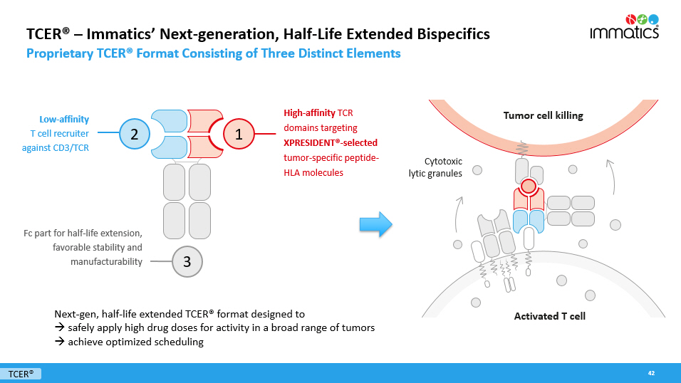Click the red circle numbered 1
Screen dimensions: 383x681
[x=239, y=132]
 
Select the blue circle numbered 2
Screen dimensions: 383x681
[x=134, y=132]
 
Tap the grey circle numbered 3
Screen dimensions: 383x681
[x=187, y=261]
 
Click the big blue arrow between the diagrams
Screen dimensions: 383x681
[x=375, y=224]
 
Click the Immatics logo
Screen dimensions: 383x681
[x=624, y=26]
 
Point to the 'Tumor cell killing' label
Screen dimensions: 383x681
[x=543, y=115]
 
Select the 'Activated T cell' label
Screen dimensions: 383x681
[x=549, y=316]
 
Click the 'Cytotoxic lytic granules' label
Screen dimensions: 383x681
[x=435, y=167]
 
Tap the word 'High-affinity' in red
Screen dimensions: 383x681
[x=309, y=112]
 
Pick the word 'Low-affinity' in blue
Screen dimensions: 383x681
[x=65, y=120]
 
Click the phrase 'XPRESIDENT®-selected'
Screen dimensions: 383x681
[x=331, y=142]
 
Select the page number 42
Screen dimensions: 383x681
[x=651, y=373]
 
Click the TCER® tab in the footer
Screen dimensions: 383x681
[x=21, y=374]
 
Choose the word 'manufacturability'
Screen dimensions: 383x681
[x=106, y=261]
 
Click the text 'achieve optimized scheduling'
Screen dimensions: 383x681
[x=135, y=342]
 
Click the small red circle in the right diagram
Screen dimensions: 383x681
[x=528, y=187]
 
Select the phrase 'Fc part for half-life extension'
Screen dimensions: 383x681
[x=83, y=233]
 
